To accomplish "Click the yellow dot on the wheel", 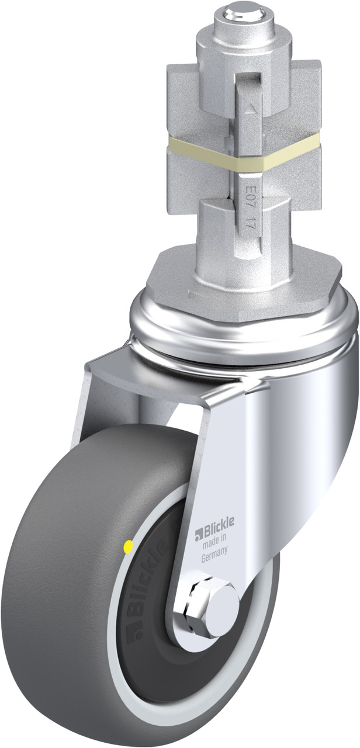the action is coord(128,546).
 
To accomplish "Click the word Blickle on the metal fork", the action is coord(218,522).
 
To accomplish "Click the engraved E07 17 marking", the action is coord(251,207).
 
